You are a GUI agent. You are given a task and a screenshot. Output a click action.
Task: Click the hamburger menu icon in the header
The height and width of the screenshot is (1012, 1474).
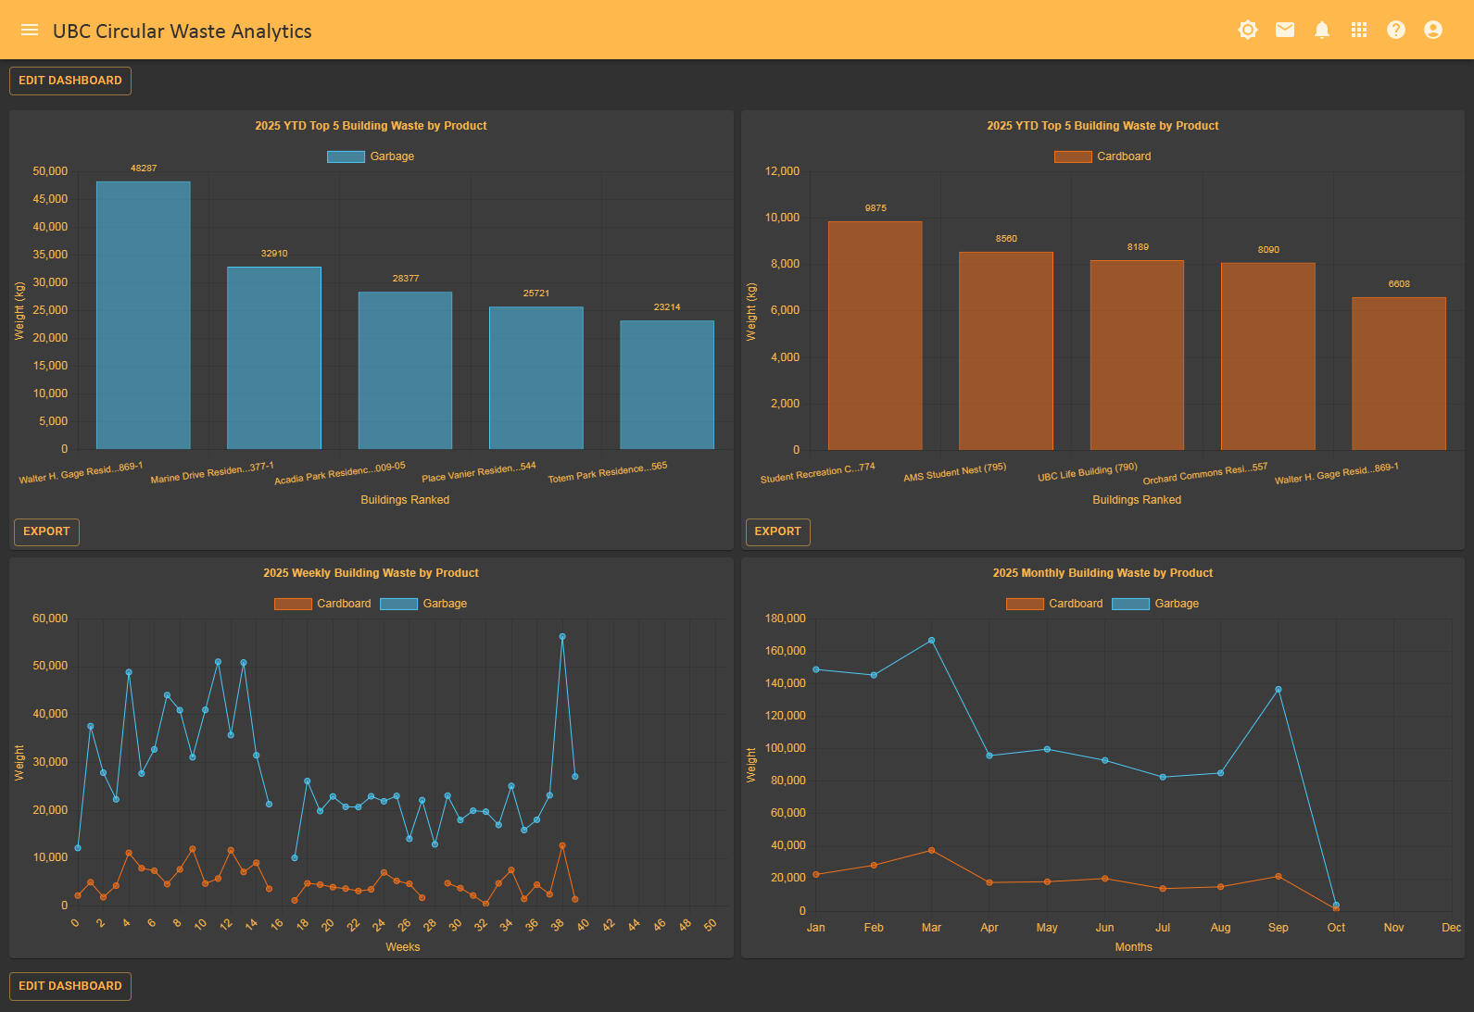click(x=30, y=30)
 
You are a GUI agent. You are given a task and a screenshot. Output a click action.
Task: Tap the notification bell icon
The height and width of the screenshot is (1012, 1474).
click(x=1322, y=30)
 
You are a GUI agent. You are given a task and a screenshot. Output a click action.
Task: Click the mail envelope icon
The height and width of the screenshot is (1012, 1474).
click(x=1285, y=30)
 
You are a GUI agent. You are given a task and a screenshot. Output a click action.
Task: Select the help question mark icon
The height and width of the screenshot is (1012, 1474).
click(x=1396, y=30)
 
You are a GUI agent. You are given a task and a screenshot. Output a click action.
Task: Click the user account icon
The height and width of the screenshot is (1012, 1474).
click(x=1433, y=30)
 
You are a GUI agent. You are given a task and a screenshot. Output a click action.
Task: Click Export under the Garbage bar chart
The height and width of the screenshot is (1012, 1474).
click(x=46, y=531)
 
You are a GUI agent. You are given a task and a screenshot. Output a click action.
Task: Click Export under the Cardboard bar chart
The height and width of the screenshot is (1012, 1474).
click(x=777, y=531)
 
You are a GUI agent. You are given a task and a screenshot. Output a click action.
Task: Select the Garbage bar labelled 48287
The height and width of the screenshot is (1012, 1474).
click(x=144, y=315)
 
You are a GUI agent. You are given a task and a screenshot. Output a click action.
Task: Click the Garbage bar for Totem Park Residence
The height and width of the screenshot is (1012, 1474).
click(x=667, y=384)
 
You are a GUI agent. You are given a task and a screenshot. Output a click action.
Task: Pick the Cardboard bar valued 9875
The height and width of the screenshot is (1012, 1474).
click(x=876, y=335)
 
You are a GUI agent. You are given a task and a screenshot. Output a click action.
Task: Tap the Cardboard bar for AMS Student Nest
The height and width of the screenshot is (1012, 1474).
click(x=1006, y=350)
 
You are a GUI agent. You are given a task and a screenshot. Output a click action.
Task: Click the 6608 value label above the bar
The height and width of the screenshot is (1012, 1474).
click(x=1399, y=284)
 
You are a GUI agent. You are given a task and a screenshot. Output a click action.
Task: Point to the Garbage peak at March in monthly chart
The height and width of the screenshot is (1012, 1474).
click(x=931, y=641)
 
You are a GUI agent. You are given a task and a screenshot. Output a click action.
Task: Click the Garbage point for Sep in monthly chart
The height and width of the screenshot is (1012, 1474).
click(x=1279, y=690)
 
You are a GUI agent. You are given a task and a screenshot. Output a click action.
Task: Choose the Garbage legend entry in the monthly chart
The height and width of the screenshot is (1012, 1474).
click(x=1156, y=604)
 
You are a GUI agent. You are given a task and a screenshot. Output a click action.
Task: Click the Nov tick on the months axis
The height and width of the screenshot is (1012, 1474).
click(x=1393, y=928)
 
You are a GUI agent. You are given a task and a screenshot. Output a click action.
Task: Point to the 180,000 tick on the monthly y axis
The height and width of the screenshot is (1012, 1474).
click(x=786, y=618)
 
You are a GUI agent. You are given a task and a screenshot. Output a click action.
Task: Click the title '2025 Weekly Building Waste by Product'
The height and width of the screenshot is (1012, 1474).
click(x=371, y=573)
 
